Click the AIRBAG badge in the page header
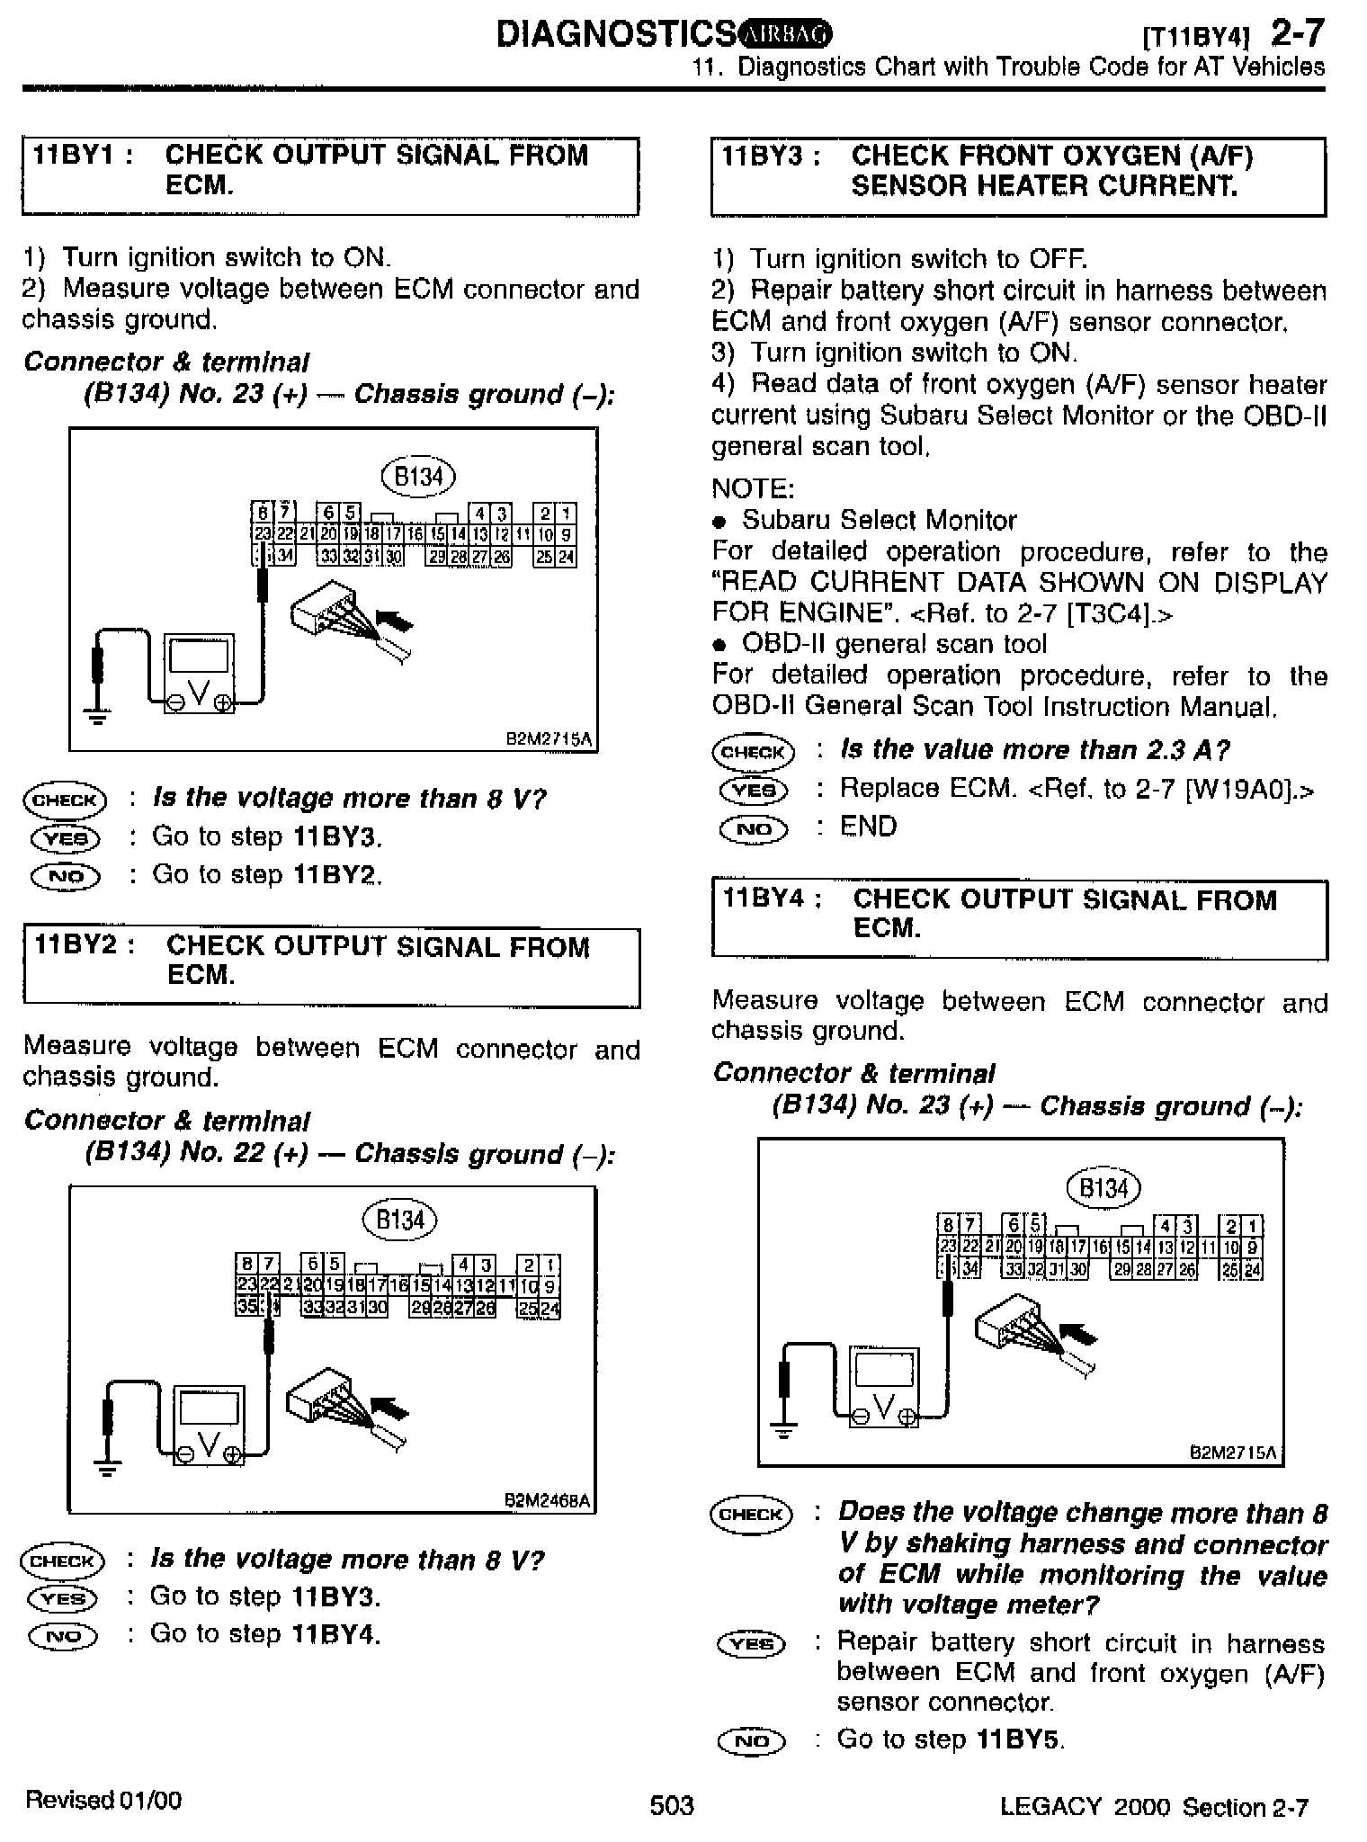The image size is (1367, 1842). point(786,34)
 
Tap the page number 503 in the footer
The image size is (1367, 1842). point(672,1805)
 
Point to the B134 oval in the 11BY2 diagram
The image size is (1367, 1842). point(399,1221)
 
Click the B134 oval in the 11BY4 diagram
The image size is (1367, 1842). point(1103,1189)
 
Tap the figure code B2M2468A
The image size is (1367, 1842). point(547,1501)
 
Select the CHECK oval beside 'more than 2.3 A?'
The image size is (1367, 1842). point(753,752)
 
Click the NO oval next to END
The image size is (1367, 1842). point(754,828)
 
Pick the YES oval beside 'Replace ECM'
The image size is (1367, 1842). point(754,791)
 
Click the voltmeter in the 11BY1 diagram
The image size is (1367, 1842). point(199,674)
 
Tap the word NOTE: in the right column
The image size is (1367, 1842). point(753,488)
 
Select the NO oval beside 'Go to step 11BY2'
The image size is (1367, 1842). point(66,876)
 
